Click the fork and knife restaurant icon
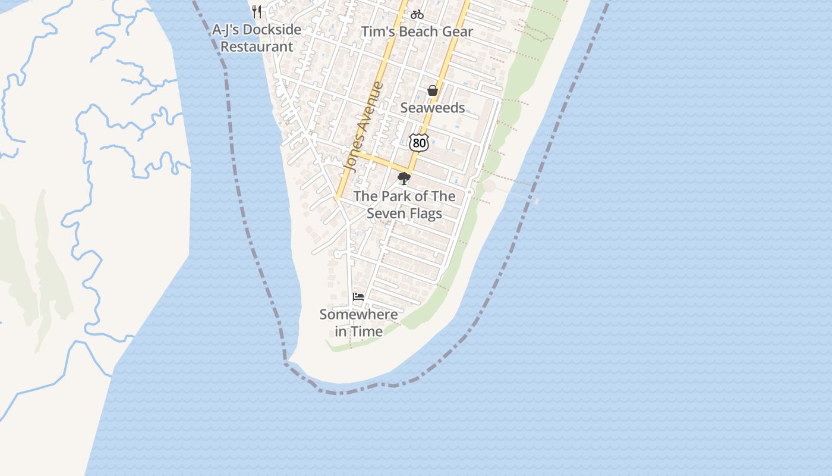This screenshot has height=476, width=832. (x=257, y=11)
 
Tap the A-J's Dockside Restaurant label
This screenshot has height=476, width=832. (x=257, y=38)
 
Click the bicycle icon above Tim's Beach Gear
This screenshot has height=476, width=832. (x=417, y=14)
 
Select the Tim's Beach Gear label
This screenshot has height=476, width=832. (x=417, y=32)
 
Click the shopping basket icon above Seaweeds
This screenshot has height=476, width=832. (x=433, y=90)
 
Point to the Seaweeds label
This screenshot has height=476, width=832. (x=433, y=108)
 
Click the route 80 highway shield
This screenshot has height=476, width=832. (x=419, y=143)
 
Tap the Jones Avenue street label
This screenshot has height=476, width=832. (x=364, y=127)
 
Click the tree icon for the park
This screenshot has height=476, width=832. (x=404, y=178)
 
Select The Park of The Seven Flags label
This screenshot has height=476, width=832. (x=404, y=205)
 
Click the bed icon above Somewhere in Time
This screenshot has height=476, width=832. (x=358, y=296)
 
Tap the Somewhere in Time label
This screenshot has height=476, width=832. (x=358, y=322)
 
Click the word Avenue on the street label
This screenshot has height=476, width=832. (x=371, y=107)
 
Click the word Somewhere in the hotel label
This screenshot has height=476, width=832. (x=358, y=314)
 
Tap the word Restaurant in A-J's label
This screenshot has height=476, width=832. (x=257, y=46)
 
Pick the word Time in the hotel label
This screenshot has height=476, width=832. (x=367, y=331)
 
